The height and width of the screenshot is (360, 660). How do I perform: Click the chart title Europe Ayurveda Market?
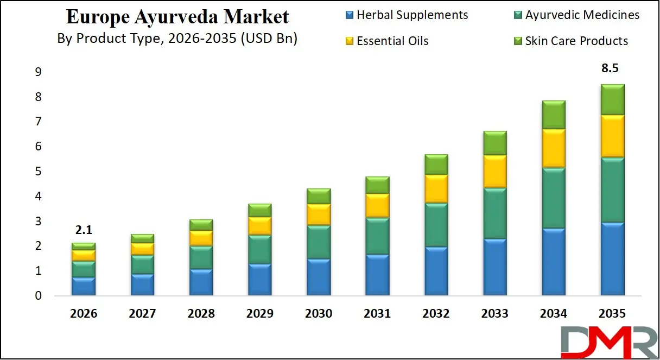pos(177,17)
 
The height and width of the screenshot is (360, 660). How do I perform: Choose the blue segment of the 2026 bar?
pos(84,286)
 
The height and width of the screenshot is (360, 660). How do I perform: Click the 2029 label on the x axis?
pos(259,314)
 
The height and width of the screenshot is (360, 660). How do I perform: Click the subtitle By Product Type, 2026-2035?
pos(177,39)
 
